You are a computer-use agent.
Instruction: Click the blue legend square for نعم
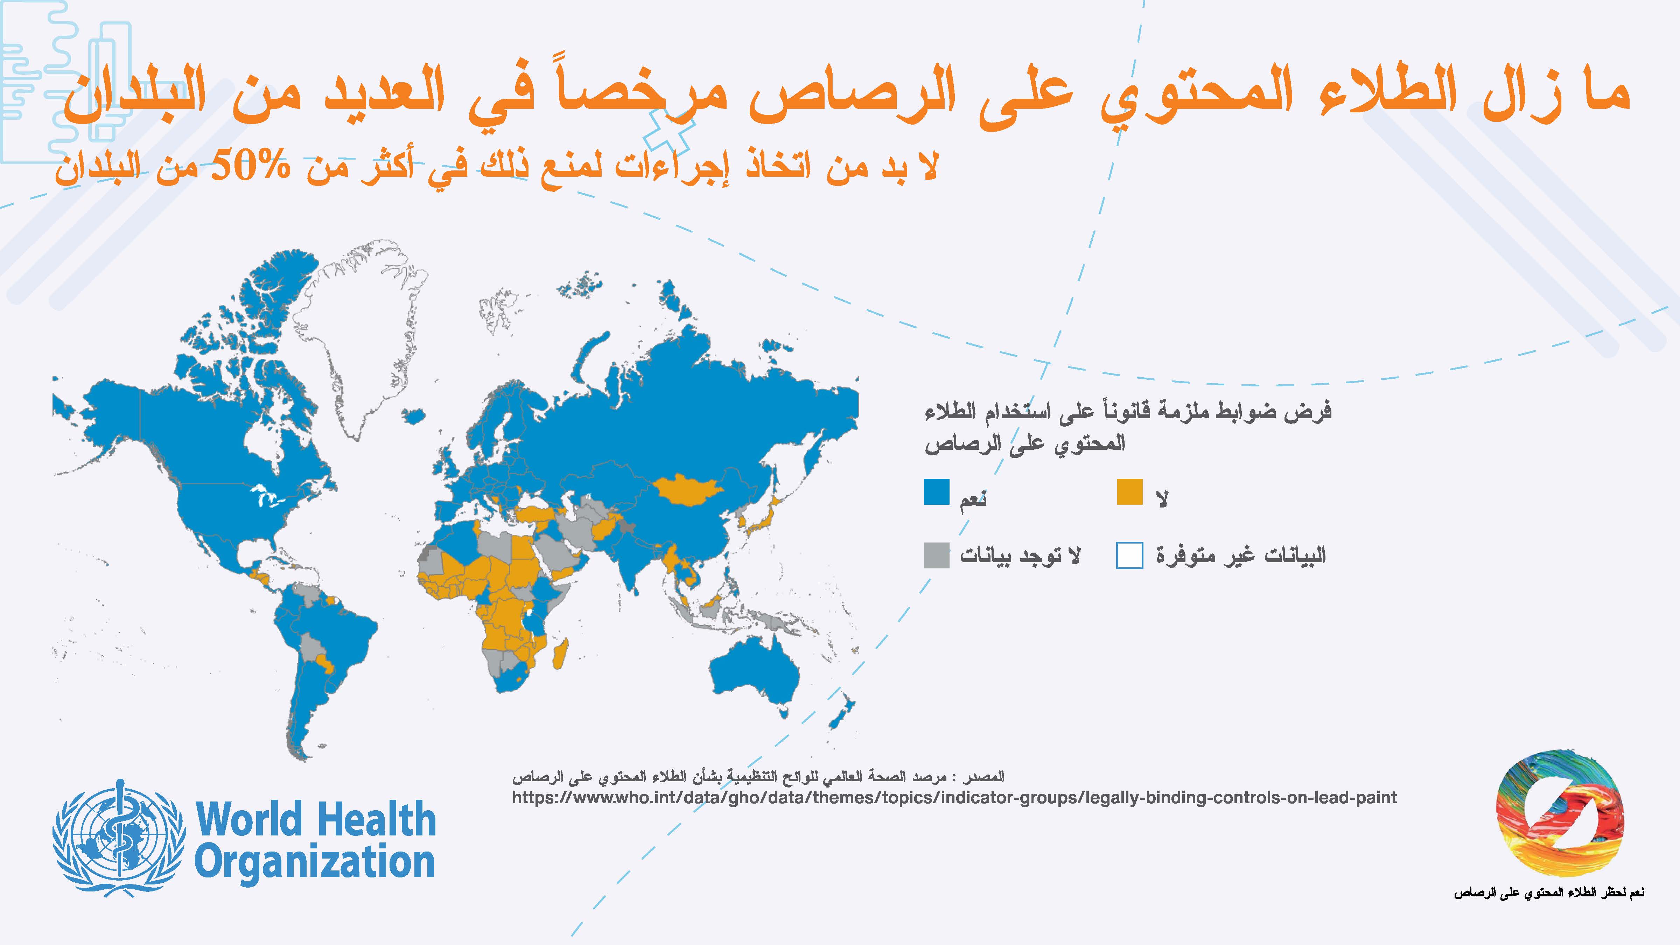[937, 492]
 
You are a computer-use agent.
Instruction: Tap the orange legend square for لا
[1129, 492]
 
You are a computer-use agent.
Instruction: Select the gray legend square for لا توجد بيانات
[937, 555]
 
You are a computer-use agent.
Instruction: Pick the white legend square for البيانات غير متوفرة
[1129, 555]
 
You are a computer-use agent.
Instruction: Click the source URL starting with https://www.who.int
[954, 797]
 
